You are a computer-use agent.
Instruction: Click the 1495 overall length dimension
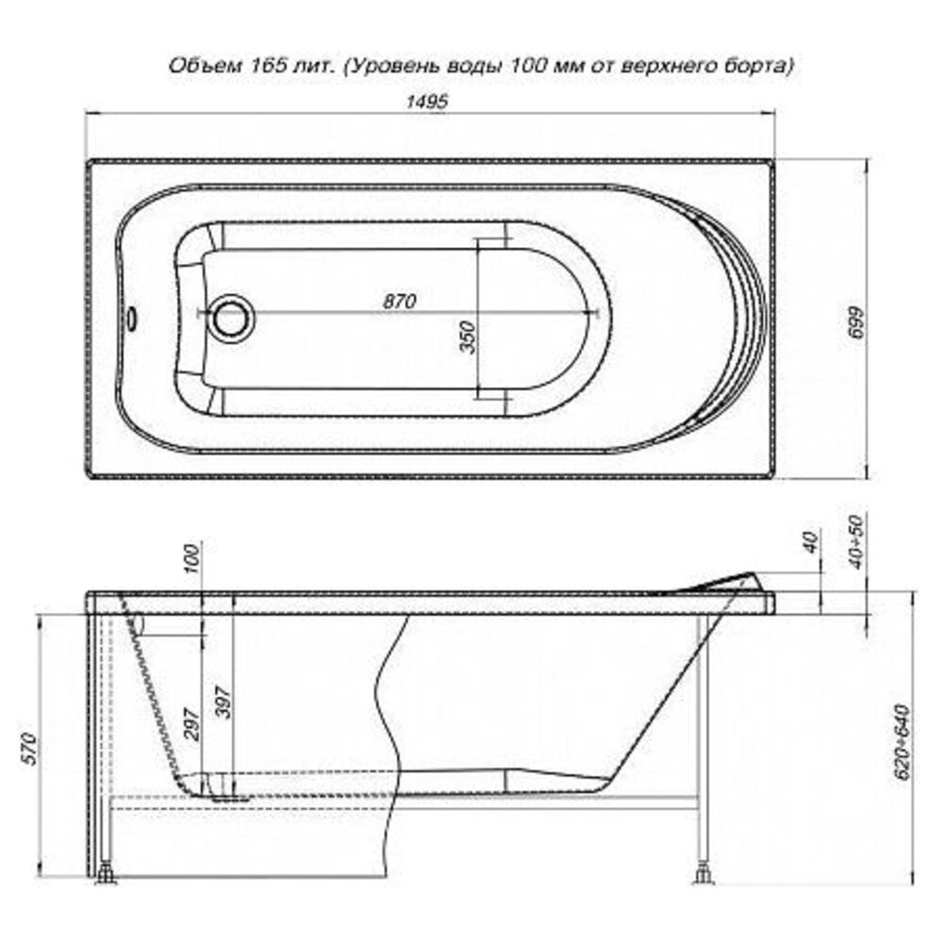tap(426, 101)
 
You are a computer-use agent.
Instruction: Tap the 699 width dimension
tap(857, 323)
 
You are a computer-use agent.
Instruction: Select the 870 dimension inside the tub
tap(399, 300)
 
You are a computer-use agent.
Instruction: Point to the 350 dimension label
tap(468, 337)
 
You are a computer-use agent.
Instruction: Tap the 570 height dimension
tap(29, 750)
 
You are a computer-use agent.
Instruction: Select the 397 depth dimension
tap(223, 702)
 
